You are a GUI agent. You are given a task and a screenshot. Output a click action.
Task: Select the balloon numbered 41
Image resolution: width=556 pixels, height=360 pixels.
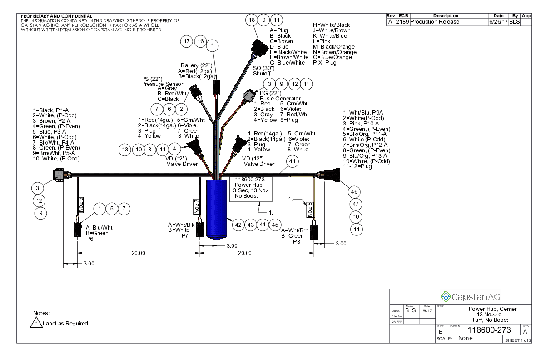tap(293, 161)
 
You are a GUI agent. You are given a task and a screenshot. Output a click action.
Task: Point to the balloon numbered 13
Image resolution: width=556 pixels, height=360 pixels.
tap(125, 149)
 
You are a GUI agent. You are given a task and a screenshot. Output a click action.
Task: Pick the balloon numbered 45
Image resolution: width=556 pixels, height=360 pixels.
tap(275, 225)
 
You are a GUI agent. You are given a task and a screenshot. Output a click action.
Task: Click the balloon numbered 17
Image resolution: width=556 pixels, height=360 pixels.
tap(187, 41)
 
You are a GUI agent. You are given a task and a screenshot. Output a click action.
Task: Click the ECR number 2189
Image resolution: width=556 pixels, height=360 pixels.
tap(402, 22)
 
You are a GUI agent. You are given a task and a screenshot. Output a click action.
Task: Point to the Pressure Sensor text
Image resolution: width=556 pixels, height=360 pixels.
tap(162, 84)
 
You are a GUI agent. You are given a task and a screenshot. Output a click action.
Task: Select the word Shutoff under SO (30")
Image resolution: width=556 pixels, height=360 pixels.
tap(262, 74)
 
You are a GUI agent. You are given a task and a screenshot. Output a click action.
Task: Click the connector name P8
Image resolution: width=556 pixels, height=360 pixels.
tap(296, 242)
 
